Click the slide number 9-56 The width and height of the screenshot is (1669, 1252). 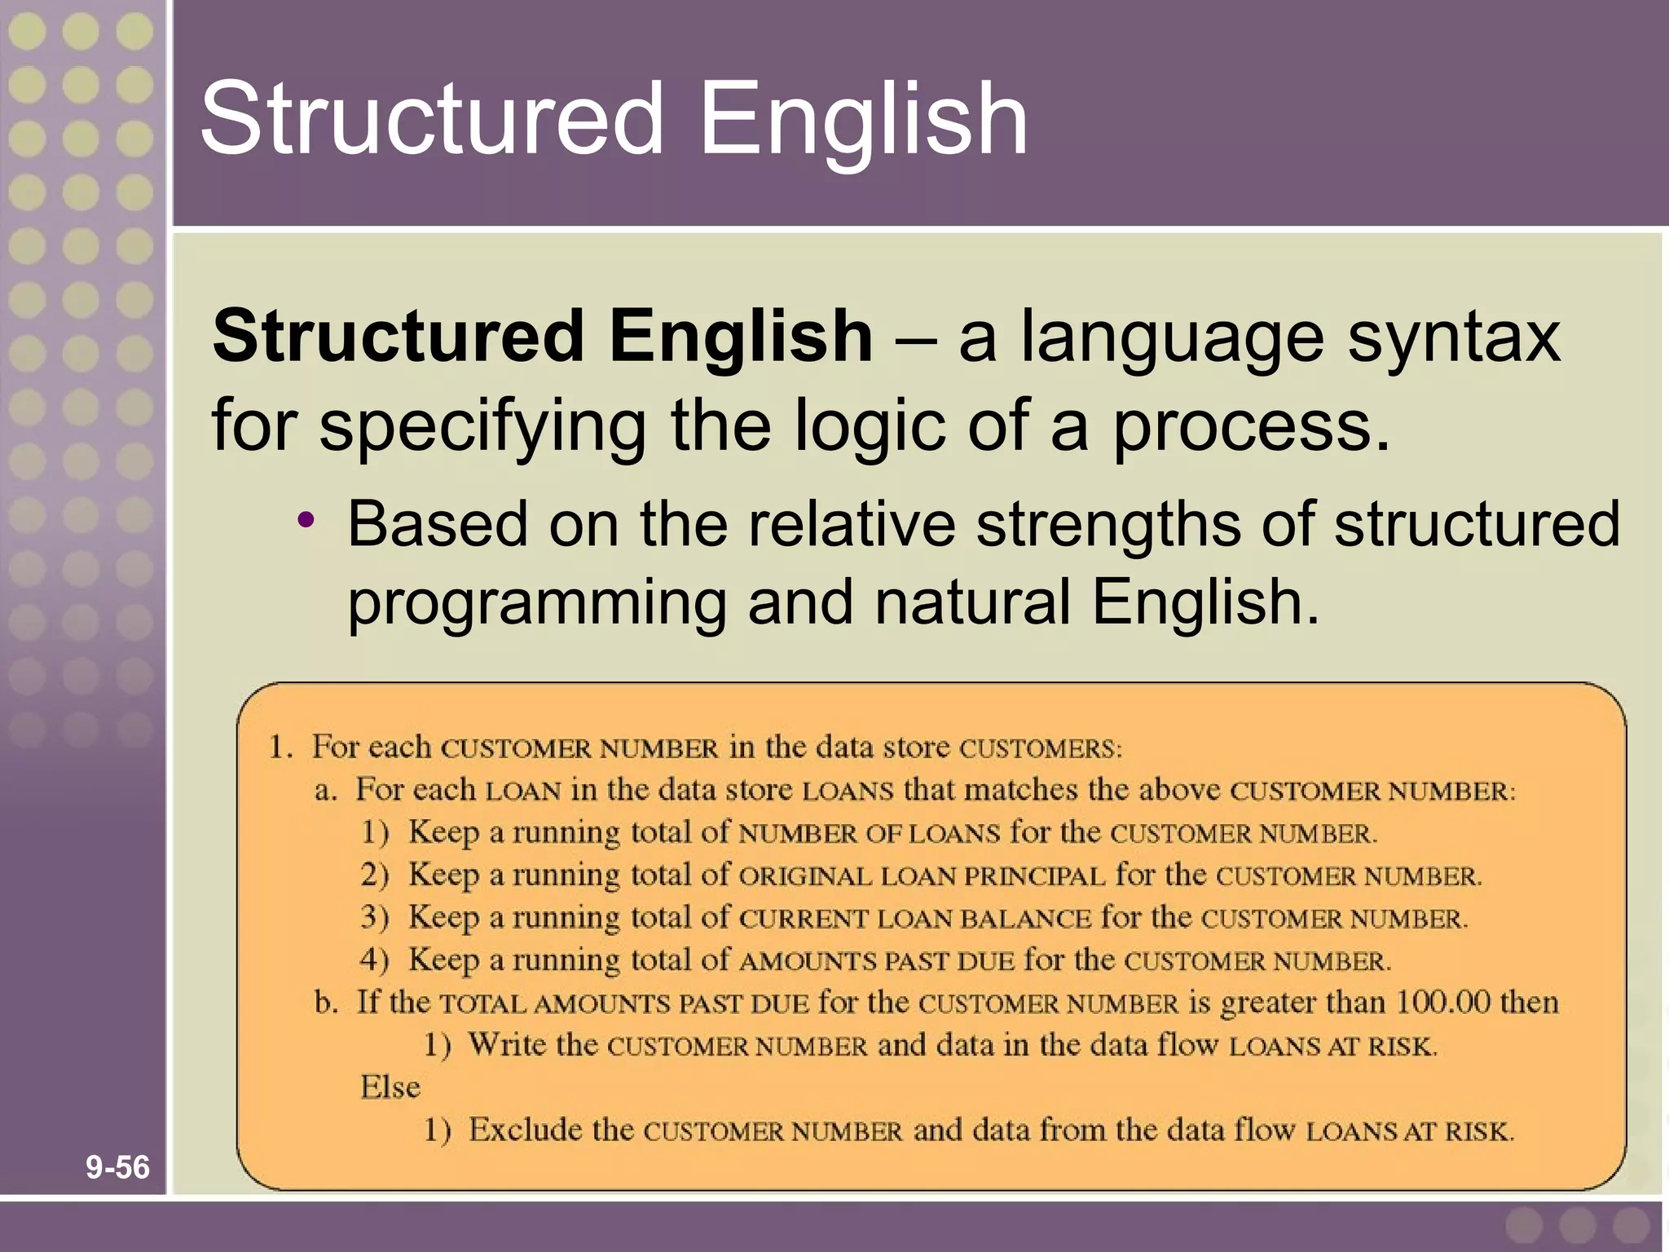[x=117, y=1167]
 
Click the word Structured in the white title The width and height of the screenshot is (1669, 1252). [x=432, y=119]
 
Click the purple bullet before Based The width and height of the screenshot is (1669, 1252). [x=306, y=520]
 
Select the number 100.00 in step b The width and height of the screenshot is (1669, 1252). [x=1442, y=1001]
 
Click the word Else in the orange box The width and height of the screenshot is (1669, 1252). [x=390, y=1087]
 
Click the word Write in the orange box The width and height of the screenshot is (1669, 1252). [x=508, y=1044]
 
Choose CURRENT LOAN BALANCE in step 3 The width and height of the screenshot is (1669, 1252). [x=914, y=919]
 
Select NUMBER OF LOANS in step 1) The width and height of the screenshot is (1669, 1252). [x=869, y=834]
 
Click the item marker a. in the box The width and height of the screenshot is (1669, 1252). [x=325, y=791]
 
